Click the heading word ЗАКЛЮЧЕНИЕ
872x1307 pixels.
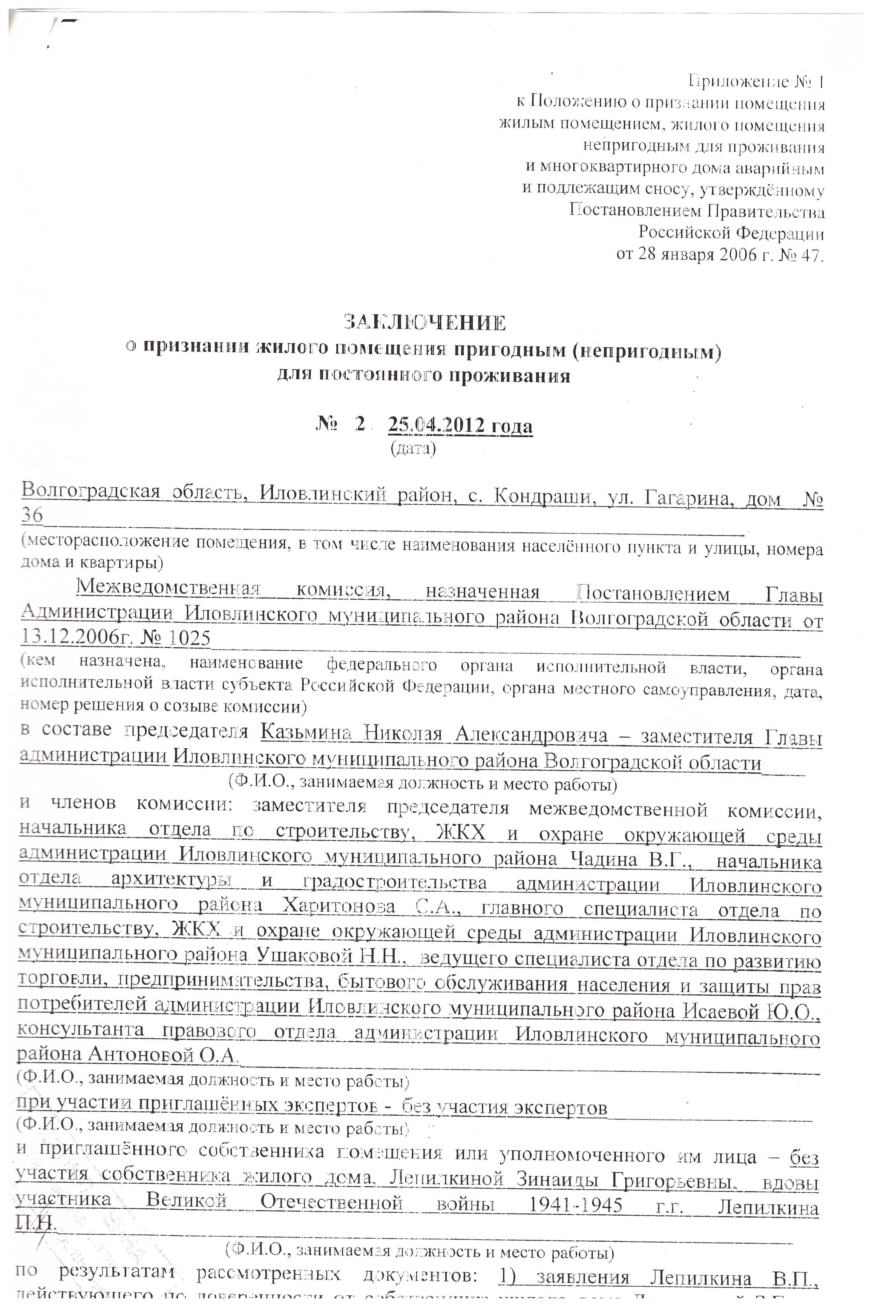425,322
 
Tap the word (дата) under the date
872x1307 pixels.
413,448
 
